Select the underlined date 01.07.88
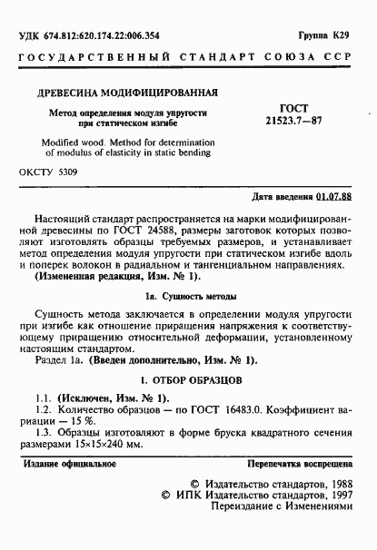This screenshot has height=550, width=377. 335,196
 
